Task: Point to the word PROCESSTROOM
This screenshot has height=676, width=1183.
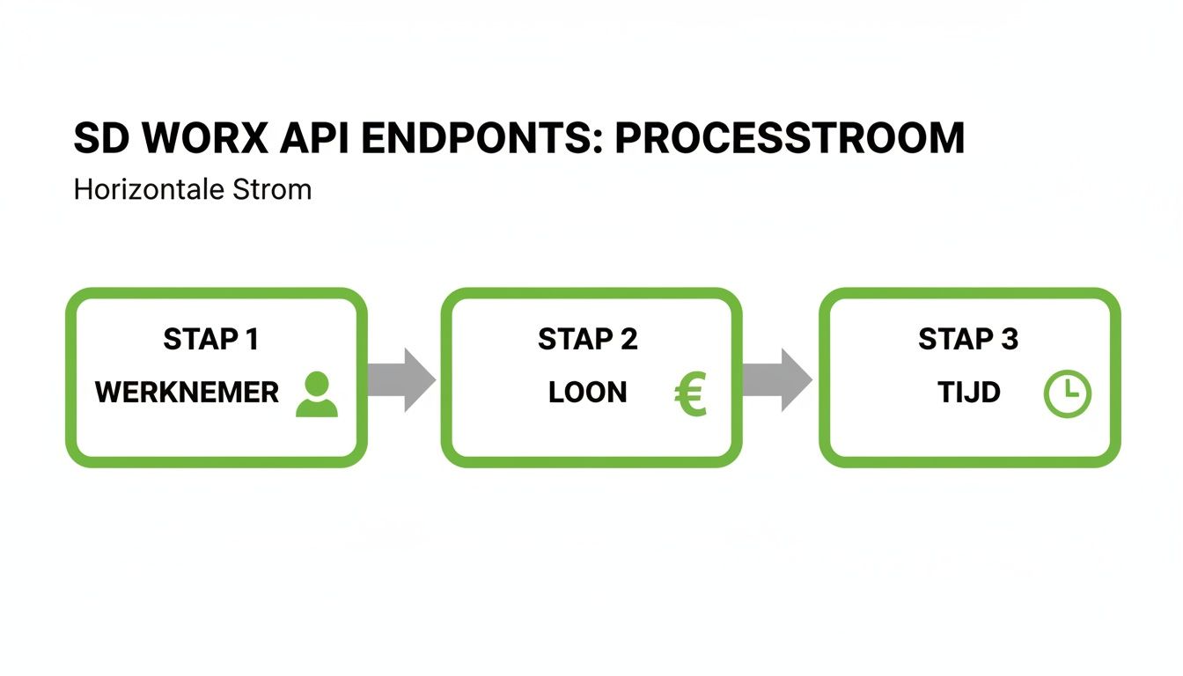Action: [790, 138]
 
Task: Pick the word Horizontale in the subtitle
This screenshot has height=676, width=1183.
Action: [147, 189]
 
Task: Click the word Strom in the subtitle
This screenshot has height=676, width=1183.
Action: [272, 189]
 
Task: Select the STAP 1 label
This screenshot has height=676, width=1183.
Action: [210, 340]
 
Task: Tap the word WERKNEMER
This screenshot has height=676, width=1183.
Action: [187, 393]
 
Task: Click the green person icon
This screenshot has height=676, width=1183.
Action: [316, 394]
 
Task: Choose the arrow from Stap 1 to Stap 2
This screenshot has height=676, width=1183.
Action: [401, 379]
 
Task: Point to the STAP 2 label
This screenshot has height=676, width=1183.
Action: [587, 340]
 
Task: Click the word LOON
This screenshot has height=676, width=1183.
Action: [587, 393]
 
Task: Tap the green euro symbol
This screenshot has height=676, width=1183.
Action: [691, 394]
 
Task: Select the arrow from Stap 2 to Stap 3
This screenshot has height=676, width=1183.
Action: [777, 379]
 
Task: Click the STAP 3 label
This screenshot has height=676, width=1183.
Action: [967, 340]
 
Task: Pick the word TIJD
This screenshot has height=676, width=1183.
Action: [969, 393]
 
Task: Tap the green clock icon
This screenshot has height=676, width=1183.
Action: [1067, 394]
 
